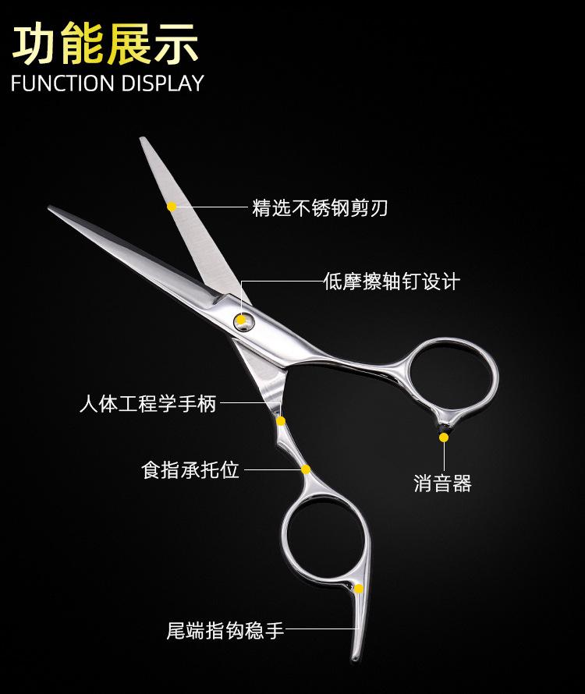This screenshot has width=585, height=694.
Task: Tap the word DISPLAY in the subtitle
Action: pyautogui.click(x=162, y=83)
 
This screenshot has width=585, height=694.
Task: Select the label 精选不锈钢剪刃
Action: pyautogui.click(x=320, y=207)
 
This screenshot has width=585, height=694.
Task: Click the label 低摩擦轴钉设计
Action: pyautogui.click(x=392, y=281)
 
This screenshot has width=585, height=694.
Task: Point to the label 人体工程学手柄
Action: pyautogui.click(x=147, y=404)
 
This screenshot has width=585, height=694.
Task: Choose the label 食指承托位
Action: pyautogui.click(x=190, y=469)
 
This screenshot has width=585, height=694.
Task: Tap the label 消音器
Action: pyautogui.click(x=442, y=483)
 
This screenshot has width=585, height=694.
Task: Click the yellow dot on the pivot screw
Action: pyautogui.click(x=241, y=319)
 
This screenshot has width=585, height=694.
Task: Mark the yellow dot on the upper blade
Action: pyautogui.click(x=172, y=206)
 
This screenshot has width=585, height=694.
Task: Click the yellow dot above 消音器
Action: pyautogui.click(x=443, y=437)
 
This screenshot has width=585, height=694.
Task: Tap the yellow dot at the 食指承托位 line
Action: pyautogui.click(x=306, y=469)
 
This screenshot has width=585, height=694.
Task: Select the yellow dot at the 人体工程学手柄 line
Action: pyautogui.click(x=281, y=420)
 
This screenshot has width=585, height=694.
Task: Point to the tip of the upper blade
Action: pyautogui.click(x=144, y=140)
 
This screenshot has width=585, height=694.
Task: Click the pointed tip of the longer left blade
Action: pyautogui.click(x=50, y=208)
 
